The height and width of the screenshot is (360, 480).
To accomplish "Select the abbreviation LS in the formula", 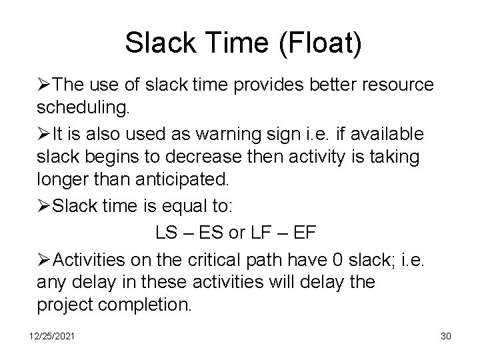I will click(166, 234).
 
